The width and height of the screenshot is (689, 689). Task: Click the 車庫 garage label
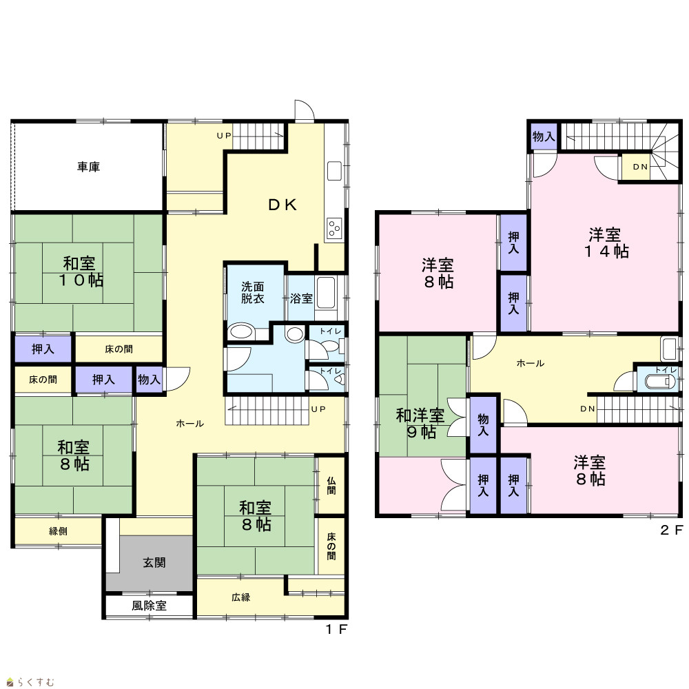(89, 167)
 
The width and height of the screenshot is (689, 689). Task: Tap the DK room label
(282, 205)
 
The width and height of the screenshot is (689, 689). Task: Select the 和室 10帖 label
(81, 271)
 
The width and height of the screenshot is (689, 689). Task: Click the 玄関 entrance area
(150, 563)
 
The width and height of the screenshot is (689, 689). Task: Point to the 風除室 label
(150, 606)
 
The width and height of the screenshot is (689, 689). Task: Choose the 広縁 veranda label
(240, 597)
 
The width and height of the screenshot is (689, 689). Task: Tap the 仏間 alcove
(331, 486)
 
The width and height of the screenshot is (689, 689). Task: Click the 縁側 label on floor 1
(58, 531)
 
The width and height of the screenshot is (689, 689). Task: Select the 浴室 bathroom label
(302, 298)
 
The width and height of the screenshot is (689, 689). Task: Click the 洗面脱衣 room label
(253, 293)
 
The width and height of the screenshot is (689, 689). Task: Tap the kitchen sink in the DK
(334, 171)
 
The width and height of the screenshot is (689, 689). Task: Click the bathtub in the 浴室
(326, 292)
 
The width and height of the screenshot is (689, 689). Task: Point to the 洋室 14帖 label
(606, 243)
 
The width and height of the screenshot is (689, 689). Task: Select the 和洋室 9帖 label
(420, 424)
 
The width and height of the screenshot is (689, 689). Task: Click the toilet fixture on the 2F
(660, 382)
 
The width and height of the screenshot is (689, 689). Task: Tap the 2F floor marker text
(671, 530)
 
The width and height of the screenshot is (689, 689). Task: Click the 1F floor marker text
(337, 629)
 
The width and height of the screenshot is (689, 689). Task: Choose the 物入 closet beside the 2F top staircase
(544, 136)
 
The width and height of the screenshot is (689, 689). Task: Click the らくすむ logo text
(36, 682)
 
